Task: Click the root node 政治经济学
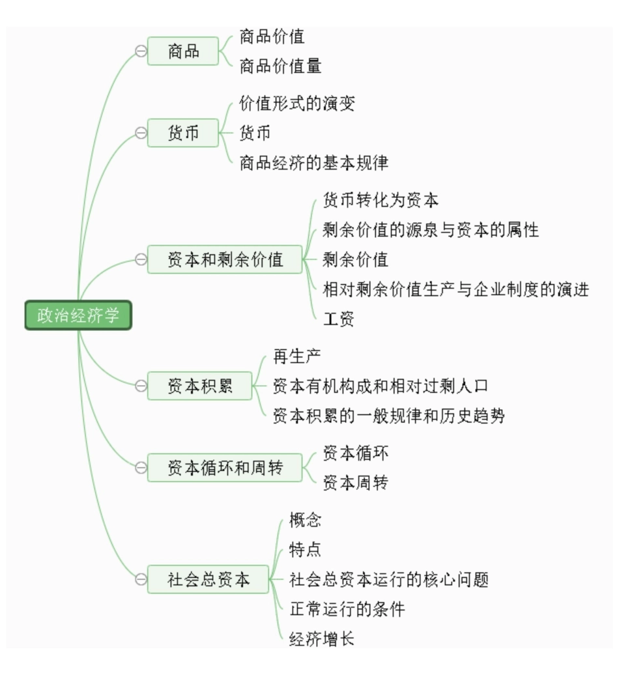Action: coord(78,315)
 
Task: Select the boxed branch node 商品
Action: coord(183,51)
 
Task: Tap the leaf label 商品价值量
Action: coord(280,66)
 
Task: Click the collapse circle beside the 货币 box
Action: coord(140,134)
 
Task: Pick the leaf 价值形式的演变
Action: coord(297,104)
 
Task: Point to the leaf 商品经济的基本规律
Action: coord(313,162)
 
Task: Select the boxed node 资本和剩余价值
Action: coord(225,260)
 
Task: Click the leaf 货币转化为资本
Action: coord(381,200)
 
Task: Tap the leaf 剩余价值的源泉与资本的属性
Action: coord(431,229)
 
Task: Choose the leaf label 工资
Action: coord(338,319)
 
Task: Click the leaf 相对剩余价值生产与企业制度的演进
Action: coord(455,289)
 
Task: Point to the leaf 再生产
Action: coord(296,356)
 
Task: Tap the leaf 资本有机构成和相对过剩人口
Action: coord(380,386)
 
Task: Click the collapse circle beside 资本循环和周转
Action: coord(140,467)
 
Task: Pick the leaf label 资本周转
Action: coord(355,483)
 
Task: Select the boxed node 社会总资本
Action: coord(208,579)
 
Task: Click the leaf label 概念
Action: coord(305,520)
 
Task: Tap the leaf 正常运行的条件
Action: coord(347,609)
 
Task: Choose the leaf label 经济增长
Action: coord(321,639)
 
